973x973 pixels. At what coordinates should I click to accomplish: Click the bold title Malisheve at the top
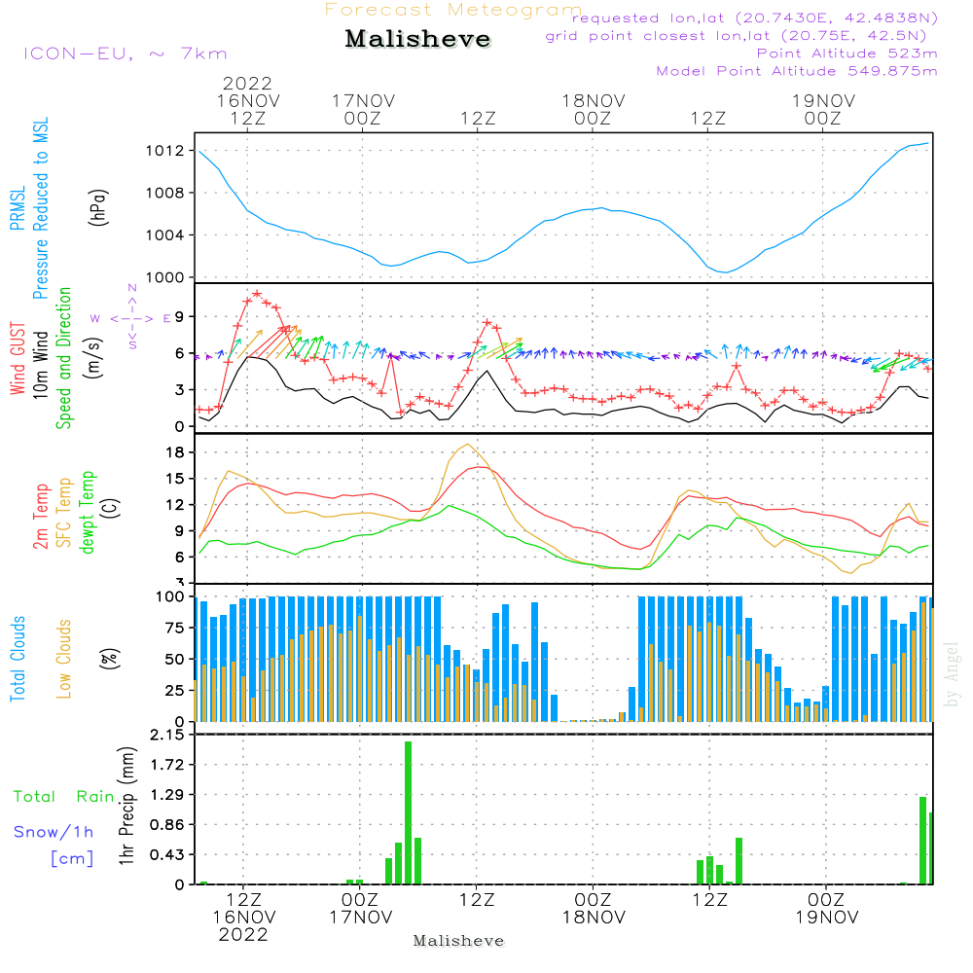click(x=417, y=40)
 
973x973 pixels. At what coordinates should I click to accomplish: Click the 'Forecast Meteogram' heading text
click(x=453, y=10)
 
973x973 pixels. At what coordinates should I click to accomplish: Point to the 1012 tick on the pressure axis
click(x=166, y=151)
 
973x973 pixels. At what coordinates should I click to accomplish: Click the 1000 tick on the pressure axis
click(x=166, y=277)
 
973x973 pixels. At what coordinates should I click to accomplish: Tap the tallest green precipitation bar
click(x=409, y=812)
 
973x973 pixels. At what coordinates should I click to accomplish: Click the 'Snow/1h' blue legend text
click(x=54, y=832)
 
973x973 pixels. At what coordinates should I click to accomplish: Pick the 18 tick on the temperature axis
click(x=175, y=452)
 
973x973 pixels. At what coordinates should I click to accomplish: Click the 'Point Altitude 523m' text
click(x=847, y=54)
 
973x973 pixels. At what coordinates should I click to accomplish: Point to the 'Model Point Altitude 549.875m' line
click(x=797, y=71)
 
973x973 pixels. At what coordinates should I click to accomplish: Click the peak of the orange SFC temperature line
click(x=469, y=445)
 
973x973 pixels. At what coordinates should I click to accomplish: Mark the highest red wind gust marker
click(x=257, y=293)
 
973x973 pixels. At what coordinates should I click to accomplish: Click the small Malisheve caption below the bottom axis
click(x=458, y=942)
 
